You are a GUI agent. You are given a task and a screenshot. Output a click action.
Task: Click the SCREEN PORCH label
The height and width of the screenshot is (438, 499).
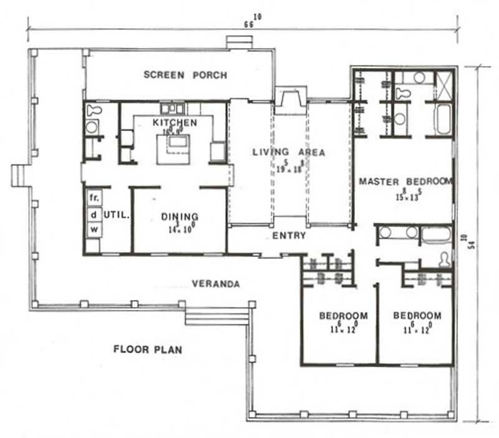pos(185,75)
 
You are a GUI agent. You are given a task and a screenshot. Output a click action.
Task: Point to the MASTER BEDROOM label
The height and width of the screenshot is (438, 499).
pos(405,182)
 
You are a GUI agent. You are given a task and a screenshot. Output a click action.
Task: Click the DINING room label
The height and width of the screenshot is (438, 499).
pos(180,217)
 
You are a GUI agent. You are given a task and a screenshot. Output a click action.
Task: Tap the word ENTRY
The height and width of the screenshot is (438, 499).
pos(289,235)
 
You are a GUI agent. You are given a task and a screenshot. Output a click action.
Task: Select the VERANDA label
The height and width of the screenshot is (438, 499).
pos(216,284)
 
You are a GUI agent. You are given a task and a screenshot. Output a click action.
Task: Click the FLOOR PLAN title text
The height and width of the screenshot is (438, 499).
pos(148,349)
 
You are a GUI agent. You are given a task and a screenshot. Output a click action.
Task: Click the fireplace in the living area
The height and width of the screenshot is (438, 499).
pos(289,100)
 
